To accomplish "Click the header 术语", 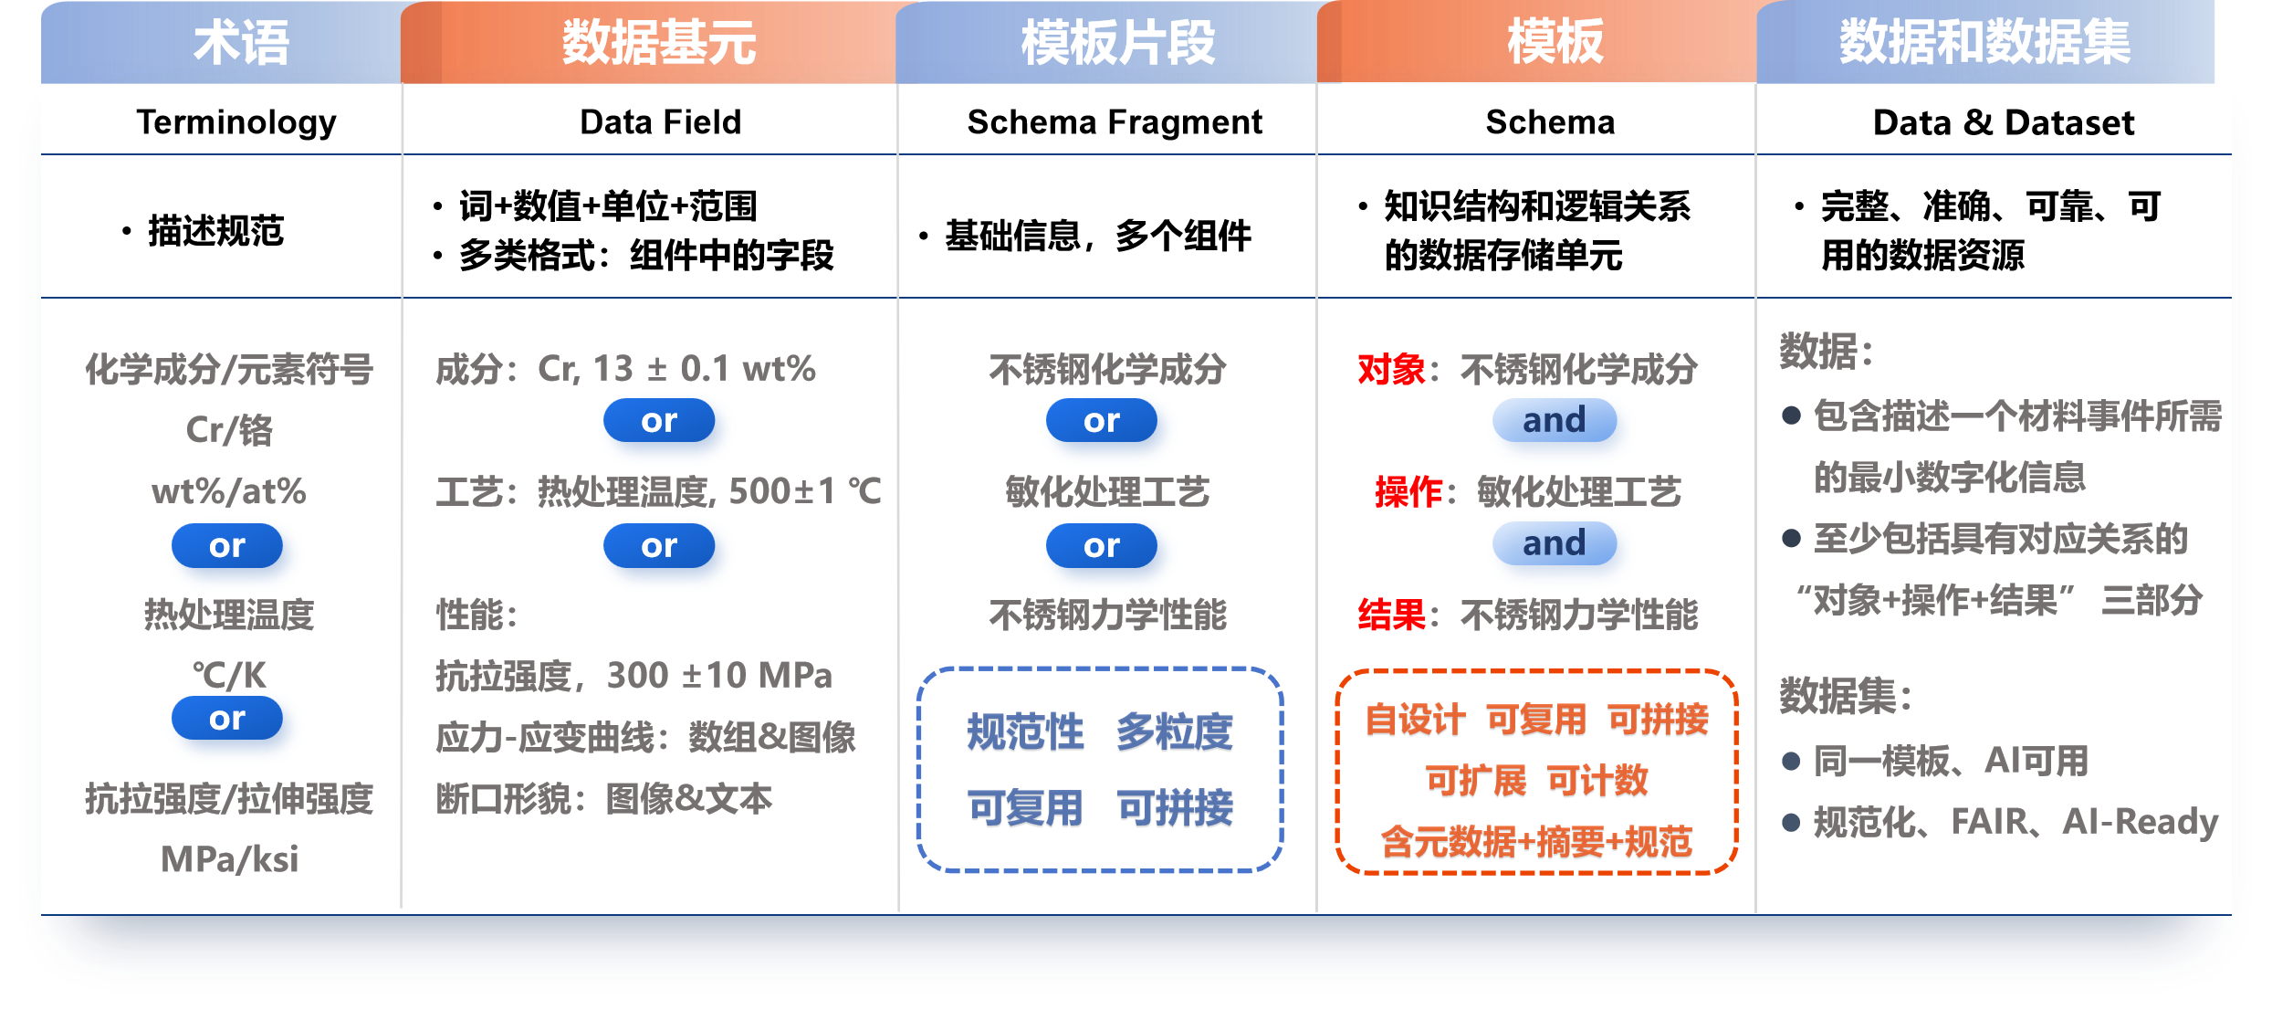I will [x=241, y=43].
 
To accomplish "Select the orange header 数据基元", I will [x=658, y=43].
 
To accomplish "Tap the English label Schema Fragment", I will [x=1114, y=121].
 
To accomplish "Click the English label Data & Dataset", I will [x=2003, y=122].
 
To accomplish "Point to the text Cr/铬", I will [x=229, y=430].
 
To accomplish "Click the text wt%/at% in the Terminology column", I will [x=228, y=491].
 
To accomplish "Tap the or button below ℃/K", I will [x=227, y=719].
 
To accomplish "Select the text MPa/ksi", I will [x=229, y=859].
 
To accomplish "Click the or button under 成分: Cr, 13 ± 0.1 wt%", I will [x=658, y=421].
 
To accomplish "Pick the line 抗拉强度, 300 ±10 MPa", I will [x=633, y=676].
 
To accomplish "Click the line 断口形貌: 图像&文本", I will [x=603, y=799].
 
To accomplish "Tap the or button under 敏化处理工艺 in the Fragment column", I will [x=1101, y=546].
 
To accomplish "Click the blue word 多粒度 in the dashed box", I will [x=1174, y=732].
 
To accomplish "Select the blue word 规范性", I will [x=1025, y=732].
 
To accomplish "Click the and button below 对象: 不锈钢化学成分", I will [x=1554, y=421].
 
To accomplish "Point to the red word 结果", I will [x=1391, y=615].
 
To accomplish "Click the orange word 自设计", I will [x=1415, y=720].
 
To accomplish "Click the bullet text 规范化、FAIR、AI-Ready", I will [x=2015, y=822].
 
